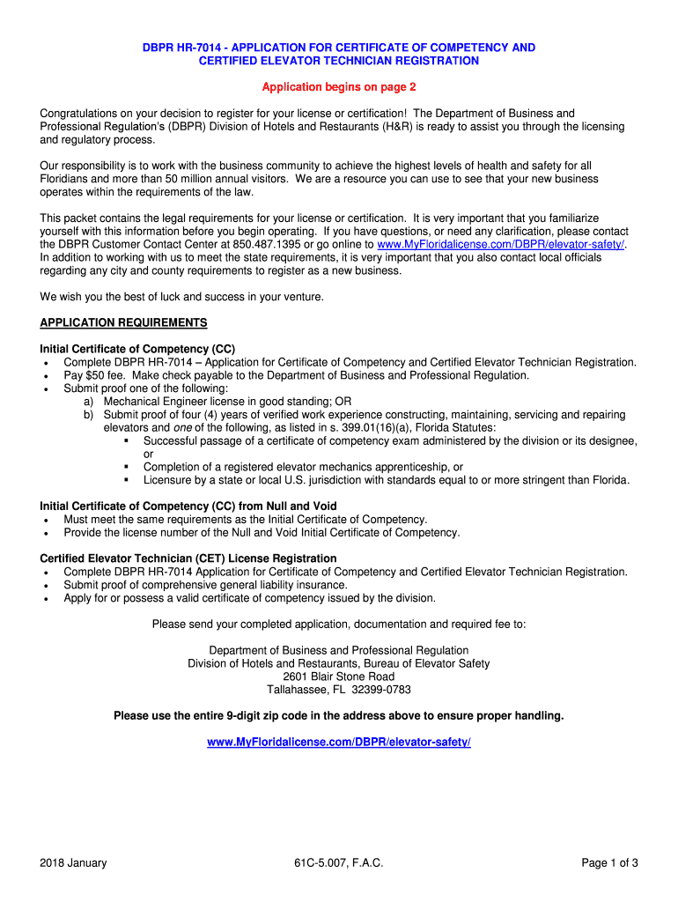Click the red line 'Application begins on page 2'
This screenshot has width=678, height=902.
coord(339,87)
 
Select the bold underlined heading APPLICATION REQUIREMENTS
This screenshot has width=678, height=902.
coord(123,322)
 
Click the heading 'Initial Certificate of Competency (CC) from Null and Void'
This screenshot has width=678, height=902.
coord(188,506)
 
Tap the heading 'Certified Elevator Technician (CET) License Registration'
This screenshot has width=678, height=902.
coord(188,558)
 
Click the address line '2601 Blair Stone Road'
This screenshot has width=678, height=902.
coord(339,676)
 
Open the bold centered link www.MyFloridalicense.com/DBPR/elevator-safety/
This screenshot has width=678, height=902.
coord(339,743)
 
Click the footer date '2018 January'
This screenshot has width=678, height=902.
coord(73,862)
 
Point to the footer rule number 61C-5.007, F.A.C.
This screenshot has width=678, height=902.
coord(339,862)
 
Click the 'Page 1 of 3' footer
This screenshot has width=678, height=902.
coord(609,862)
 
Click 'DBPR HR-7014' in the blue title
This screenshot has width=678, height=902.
coord(183,48)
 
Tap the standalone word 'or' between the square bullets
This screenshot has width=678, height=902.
coord(149,454)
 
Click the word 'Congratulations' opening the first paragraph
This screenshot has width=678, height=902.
coord(81,113)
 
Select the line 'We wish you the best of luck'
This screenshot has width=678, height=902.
coord(181,297)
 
